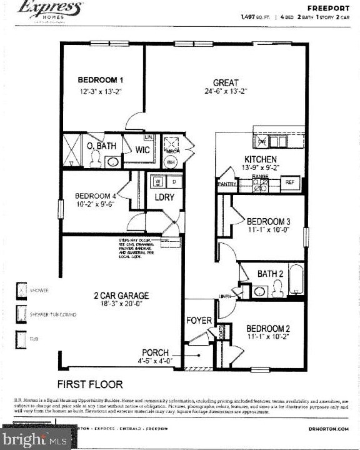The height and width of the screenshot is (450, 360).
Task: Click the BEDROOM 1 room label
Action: tap(101, 80)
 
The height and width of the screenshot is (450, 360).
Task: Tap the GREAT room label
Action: tap(226, 82)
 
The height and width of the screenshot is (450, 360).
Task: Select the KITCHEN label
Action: tap(261, 159)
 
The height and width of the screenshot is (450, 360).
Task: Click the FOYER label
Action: tap(199, 321)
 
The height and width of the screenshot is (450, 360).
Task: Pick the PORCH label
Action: tap(156, 352)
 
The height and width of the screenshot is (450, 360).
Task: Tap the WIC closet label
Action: tap(142, 151)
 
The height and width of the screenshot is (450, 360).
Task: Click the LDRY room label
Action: tap(164, 197)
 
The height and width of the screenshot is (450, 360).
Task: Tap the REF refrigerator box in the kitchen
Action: tap(290, 183)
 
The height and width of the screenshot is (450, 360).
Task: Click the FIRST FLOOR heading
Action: tap(90, 384)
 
